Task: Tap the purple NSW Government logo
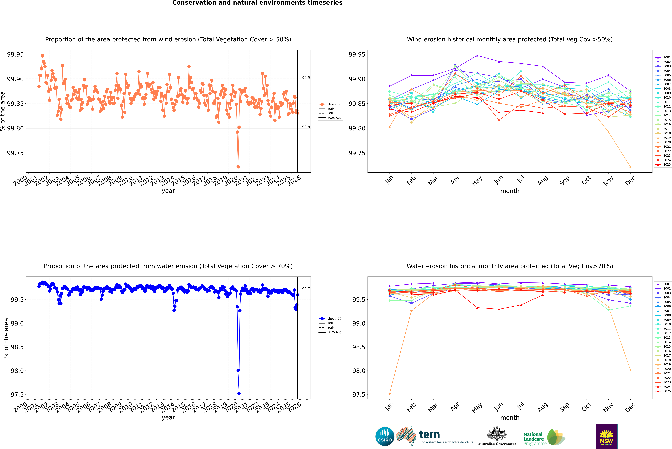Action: click(x=606, y=436)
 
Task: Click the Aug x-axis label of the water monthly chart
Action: click(x=543, y=407)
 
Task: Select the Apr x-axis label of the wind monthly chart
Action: click(x=455, y=180)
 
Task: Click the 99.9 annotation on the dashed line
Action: click(x=306, y=78)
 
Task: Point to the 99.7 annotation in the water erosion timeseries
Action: click(x=306, y=289)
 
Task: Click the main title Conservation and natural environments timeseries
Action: click(x=257, y=3)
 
